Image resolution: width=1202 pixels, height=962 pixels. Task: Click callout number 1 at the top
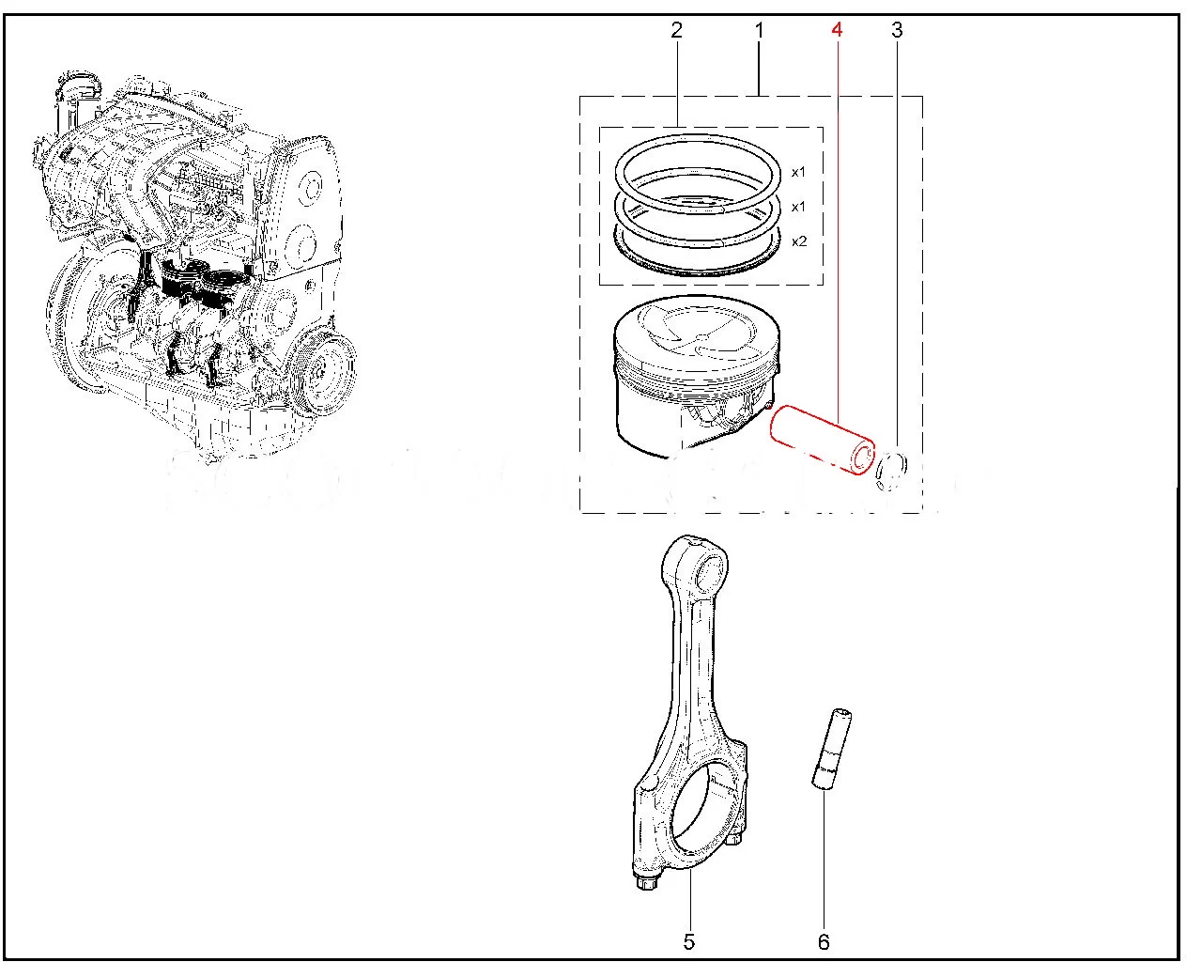coord(759,31)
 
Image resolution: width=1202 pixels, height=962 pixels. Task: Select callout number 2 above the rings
coord(676,31)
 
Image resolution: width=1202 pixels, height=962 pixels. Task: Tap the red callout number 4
coord(836,31)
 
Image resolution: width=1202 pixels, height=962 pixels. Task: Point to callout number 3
coord(897,31)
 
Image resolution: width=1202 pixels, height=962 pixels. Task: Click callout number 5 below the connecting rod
coord(688,940)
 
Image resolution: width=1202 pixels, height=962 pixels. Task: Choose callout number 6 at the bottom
coord(824,940)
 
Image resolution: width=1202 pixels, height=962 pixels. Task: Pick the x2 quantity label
coord(799,241)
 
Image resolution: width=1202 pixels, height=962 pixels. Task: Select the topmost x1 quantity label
coord(799,172)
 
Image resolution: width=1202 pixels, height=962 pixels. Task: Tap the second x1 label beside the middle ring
coord(799,207)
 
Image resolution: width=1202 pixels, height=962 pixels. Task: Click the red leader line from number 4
coord(837,235)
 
